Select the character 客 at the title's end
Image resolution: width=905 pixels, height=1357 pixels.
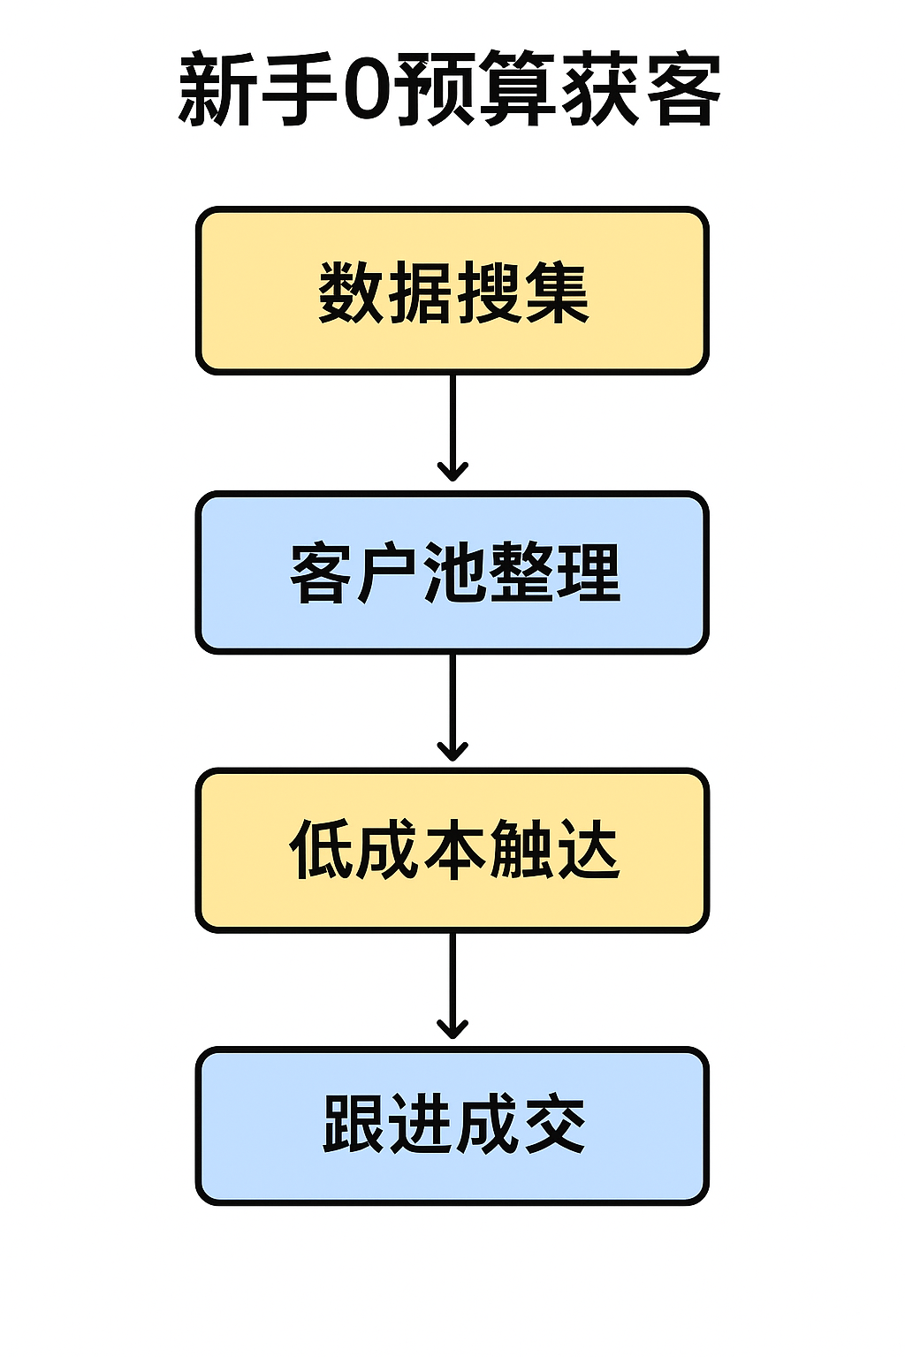[x=683, y=89]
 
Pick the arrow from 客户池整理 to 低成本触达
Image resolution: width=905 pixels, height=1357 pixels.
[x=452, y=707]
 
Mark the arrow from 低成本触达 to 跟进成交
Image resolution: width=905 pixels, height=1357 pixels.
[x=452, y=985]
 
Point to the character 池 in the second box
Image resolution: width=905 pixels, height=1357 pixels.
[x=452, y=572]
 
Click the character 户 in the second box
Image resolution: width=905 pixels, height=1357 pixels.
[x=386, y=572]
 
